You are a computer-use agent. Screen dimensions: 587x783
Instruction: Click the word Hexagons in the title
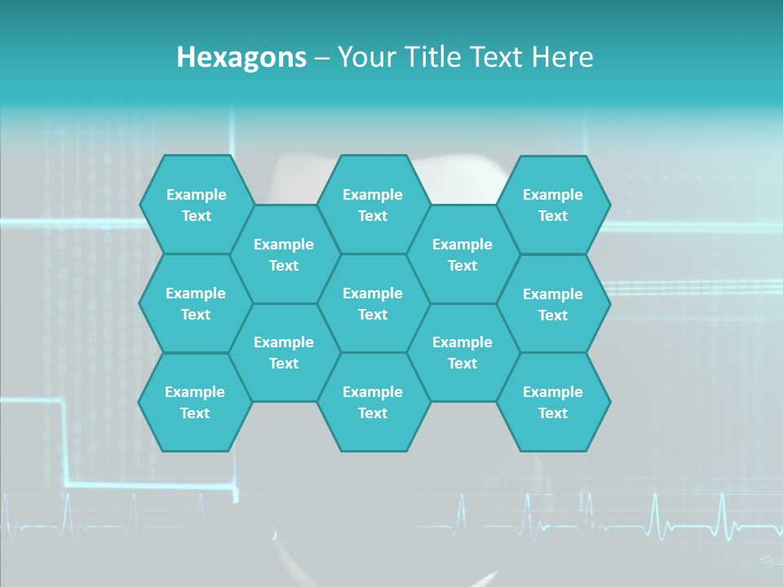241,57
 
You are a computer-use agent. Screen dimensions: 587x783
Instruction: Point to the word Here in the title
562,57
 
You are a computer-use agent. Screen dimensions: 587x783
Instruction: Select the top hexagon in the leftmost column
196,205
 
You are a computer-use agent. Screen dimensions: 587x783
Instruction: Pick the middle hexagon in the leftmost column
196,303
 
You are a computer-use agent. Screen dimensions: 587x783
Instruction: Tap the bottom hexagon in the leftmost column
195,402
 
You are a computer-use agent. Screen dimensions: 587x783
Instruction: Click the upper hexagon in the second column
284,254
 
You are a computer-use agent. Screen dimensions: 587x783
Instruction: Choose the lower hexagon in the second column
284,352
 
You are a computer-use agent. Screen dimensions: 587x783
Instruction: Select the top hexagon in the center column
373,205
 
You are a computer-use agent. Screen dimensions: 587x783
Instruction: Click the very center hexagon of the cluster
373,303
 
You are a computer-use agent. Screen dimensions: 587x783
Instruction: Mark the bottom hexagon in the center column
373,402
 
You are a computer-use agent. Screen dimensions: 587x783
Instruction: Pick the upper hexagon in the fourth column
462,254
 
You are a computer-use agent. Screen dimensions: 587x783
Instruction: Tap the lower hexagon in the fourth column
462,352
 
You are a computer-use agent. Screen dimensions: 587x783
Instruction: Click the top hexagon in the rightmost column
553,205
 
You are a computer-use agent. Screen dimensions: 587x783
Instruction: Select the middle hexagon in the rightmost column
553,304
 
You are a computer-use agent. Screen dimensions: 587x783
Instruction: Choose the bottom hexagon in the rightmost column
553,402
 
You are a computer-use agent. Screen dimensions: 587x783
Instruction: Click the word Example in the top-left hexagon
196,195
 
